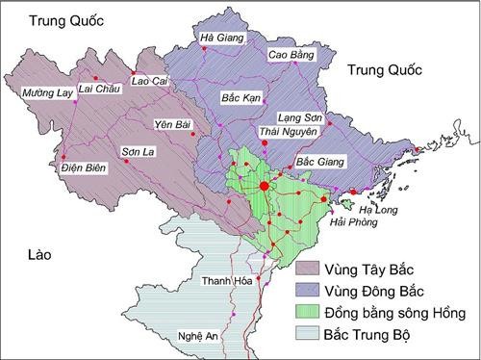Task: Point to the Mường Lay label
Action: (x=46, y=93)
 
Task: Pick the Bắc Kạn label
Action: (x=240, y=99)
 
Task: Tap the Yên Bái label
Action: (x=173, y=124)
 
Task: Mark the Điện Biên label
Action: (x=53, y=168)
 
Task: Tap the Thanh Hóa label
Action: (x=226, y=281)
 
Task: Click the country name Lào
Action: (x=39, y=254)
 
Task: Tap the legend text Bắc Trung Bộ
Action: (x=378, y=334)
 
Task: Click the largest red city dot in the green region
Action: (x=264, y=186)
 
